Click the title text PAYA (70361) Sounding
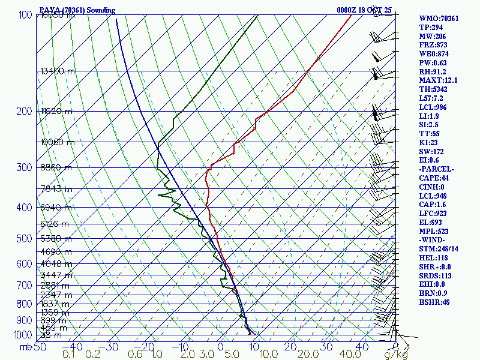(77, 10)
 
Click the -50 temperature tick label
(38, 347)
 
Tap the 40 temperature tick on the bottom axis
(362, 347)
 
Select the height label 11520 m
(56, 112)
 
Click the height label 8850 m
(56, 168)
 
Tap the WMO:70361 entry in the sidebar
(439, 19)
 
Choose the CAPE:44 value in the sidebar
(433, 178)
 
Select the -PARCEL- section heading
(436, 169)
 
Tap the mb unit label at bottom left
(25, 347)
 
